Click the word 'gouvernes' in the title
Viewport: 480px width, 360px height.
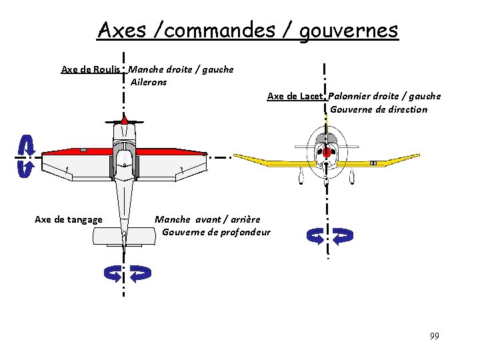(x=349, y=30)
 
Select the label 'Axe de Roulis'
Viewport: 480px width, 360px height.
(x=91, y=69)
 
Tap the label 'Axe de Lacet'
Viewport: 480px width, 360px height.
(x=295, y=96)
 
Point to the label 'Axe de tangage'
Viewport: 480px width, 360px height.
(x=69, y=219)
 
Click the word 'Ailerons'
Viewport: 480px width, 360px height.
(x=149, y=82)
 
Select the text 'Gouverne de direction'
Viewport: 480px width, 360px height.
(x=379, y=109)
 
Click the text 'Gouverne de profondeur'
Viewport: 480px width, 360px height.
(x=216, y=232)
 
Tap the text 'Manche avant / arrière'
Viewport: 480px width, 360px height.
(x=207, y=219)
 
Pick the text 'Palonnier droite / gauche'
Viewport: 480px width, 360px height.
(x=385, y=96)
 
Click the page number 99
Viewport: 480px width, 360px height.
(x=434, y=335)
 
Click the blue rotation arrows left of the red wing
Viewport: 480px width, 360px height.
(x=25, y=156)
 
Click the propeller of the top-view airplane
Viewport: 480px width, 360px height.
(x=125, y=121)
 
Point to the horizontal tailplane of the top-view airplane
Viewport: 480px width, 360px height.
(x=124, y=235)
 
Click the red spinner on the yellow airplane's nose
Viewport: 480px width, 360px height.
(x=327, y=153)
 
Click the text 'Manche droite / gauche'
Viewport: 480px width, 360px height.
(x=181, y=69)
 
